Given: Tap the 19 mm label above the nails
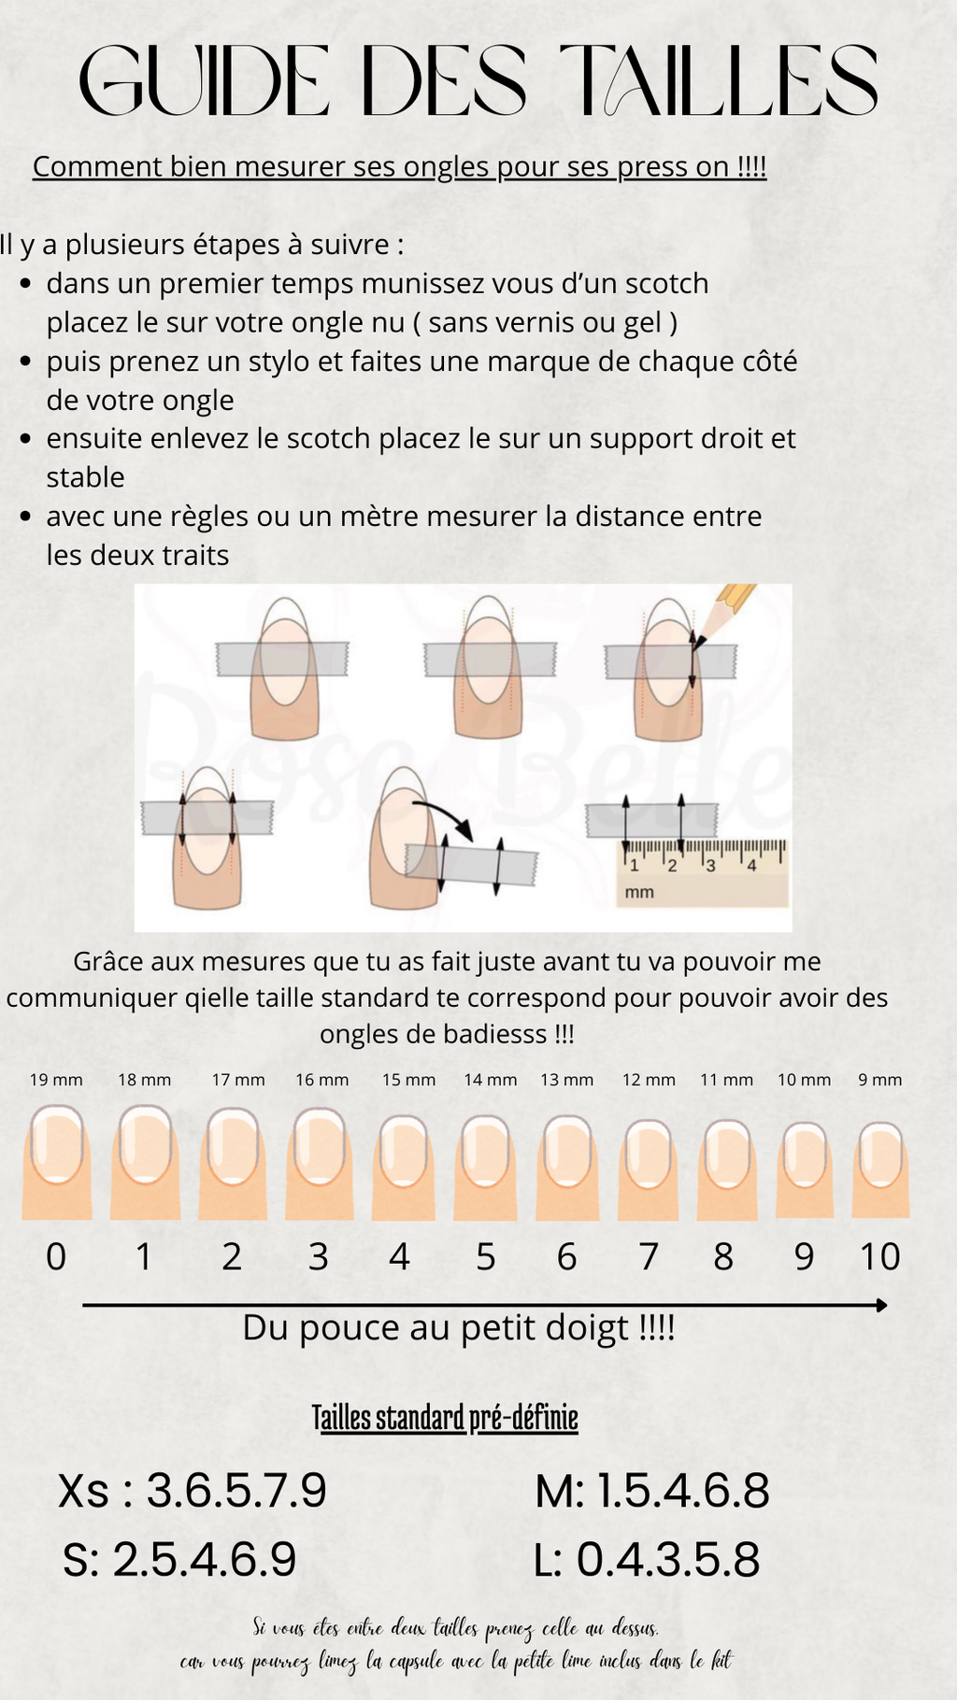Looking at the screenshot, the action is [x=56, y=1080].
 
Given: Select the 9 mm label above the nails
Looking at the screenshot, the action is [x=880, y=1080].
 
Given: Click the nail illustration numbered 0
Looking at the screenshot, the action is [x=57, y=1161].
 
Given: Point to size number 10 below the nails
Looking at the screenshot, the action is [x=880, y=1257].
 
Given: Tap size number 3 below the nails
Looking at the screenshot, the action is [x=319, y=1257].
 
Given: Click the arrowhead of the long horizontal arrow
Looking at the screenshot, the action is [x=881, y=1305].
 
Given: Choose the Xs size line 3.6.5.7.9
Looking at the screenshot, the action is [x=193, y=1490].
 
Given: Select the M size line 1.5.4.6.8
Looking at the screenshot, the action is [x=652, y=1490].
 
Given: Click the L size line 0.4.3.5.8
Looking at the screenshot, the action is [x=647, y=1559].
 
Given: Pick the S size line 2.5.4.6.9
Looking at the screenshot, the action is [x=179, y=1559].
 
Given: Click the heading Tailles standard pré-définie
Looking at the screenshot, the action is [x=445, y=1418].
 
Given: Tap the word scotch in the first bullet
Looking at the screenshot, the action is [x=666, y=283].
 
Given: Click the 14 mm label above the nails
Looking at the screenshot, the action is [x=491, y=1080].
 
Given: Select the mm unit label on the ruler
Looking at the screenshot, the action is [x=639, y=892].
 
